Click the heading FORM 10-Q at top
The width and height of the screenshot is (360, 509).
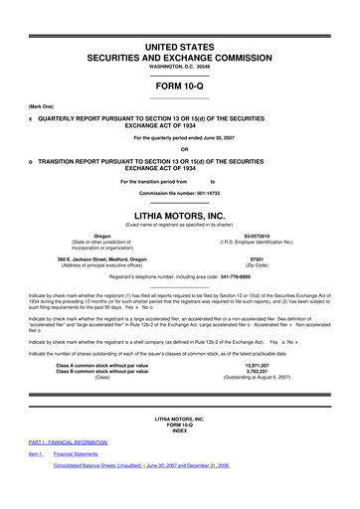click(179, 83)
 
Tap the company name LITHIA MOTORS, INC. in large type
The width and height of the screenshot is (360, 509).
click(179, 214)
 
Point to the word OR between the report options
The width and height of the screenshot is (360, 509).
click(179, 150)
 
